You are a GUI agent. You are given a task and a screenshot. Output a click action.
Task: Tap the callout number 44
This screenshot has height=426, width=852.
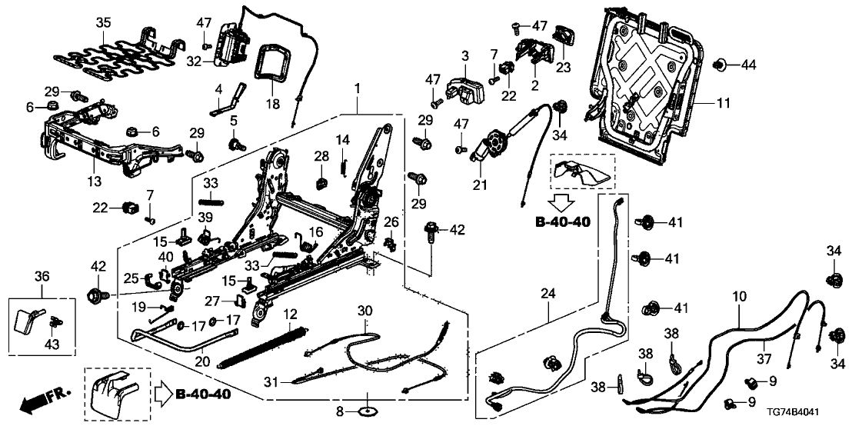[x=749, y=66]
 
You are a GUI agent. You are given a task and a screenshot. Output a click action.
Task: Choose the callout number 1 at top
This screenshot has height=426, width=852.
[x=357, y=88]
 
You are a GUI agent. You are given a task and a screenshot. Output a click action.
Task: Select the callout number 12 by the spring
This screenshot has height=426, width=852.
[x=289, y=315]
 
